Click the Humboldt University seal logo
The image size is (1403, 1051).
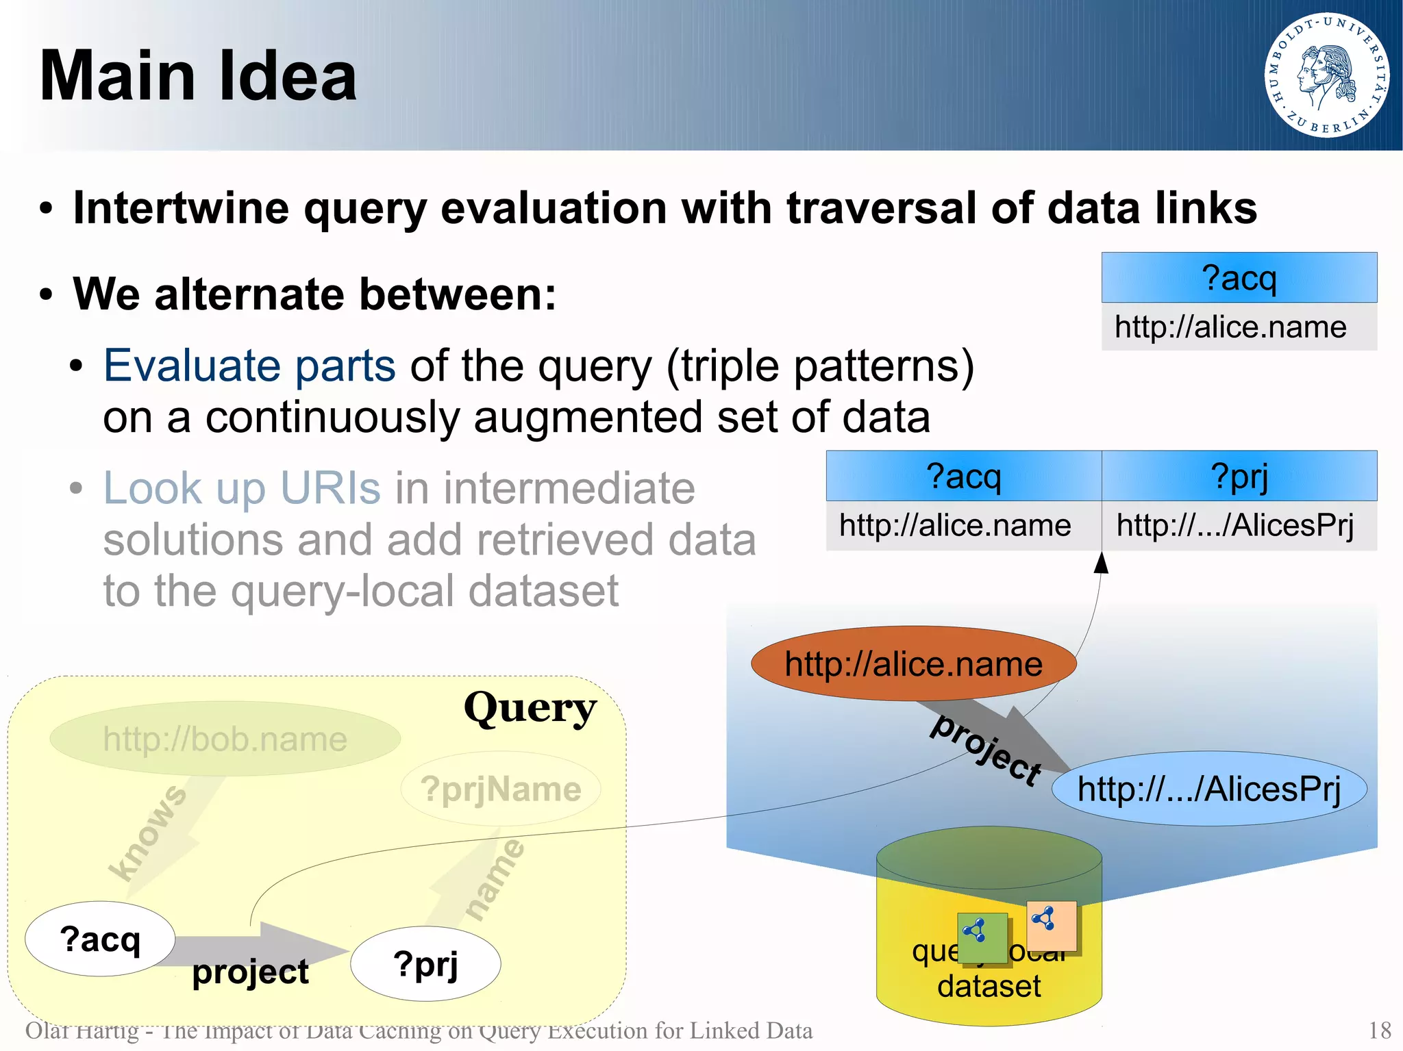[1326, 75]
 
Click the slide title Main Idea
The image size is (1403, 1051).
[198, 76]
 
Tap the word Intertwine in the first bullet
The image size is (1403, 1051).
[181, 208]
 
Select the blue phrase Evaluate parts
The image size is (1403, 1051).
[249, 366]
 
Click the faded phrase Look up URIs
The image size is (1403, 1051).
[241, 488]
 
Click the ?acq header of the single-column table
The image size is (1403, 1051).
[1239, 278]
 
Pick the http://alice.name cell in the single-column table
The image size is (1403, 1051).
[1231, 327]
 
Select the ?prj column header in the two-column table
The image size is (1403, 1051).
[1239, 476]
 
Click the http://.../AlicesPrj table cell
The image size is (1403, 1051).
[1235, 526]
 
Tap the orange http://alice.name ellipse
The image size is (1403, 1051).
[913, 663]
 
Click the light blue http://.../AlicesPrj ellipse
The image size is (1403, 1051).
[1209, 789]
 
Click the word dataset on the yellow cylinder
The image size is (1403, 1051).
[989, 987]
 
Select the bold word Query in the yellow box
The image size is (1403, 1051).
[530, 709]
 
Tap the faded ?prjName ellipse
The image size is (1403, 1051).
[501, 789]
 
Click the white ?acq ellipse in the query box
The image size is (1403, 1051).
[100, 939]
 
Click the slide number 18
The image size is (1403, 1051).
[1379, 1030]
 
